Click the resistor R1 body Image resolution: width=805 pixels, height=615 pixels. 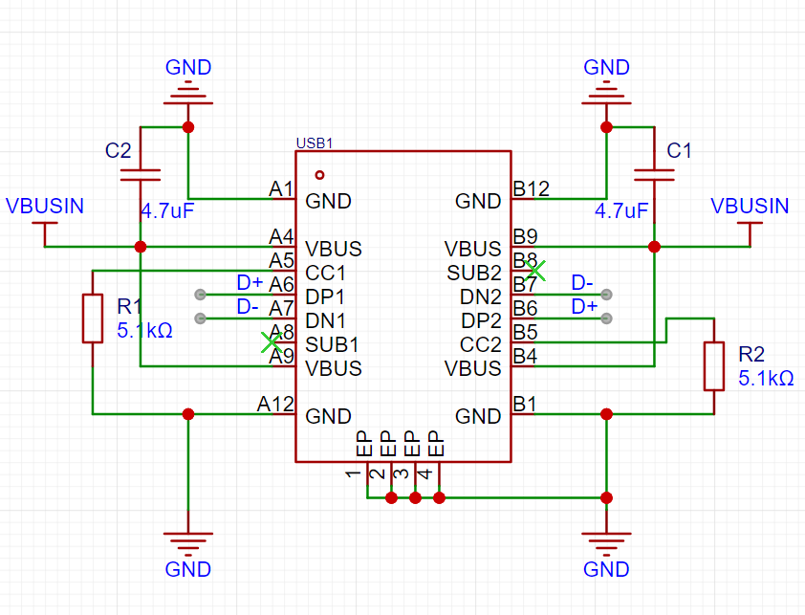[x=93, y=318]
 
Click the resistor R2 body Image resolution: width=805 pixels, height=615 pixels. [x=713, y=366]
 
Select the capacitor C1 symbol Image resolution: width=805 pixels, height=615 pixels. [x=654, y=175]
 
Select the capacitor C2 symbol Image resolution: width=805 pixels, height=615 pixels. [x=141, y=175]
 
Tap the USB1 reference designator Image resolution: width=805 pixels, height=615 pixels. [x=315, y=143]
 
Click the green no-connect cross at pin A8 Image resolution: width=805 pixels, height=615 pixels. [x=272, y=342]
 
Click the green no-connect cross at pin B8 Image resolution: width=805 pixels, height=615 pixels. [x=535, y=271]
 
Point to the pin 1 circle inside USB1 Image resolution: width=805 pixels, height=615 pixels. [x=319, y=175]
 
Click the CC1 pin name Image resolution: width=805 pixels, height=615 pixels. [x=325, y=273]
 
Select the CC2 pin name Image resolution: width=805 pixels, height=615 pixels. [x=481, y=344]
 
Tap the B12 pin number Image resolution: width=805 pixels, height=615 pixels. [x=532, y=188]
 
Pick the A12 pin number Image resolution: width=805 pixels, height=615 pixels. [x=275, y=405]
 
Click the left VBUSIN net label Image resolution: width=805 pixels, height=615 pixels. [x=45, y=206]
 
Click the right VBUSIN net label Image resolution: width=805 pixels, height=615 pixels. [x=750, y=206]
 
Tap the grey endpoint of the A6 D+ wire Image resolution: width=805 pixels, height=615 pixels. [x=200, y=295]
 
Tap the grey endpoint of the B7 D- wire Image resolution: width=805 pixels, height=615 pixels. [x=606, y=295]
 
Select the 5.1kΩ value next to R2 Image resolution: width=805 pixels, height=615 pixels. [x=766, y=379]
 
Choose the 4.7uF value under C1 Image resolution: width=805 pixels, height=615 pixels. [x=621, y=210]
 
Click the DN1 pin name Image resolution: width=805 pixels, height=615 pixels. [x=325, y=320]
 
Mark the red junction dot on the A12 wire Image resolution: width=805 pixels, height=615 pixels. [x=188, y=414]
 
